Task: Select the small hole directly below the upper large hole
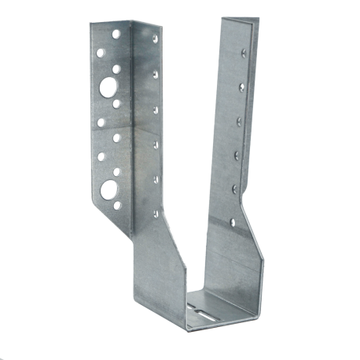[x=116, y=103]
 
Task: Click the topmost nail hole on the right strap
[x=244, y=53]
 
